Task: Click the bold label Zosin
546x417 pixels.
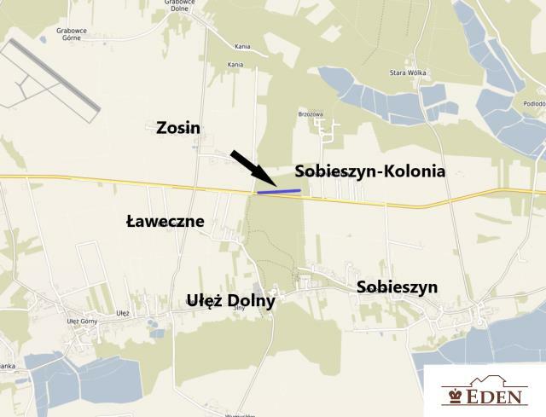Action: pos(178,128)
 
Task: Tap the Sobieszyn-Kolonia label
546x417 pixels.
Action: pos(369,171)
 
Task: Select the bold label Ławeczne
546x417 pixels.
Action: pos(165,222)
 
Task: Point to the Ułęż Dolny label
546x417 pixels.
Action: pos(230,301)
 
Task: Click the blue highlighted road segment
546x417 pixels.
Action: pos(279,192)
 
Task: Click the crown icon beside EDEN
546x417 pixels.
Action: pos(453,397)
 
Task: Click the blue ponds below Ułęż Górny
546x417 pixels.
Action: pos(68,371)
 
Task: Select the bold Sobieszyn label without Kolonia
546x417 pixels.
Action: pos(397,287)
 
